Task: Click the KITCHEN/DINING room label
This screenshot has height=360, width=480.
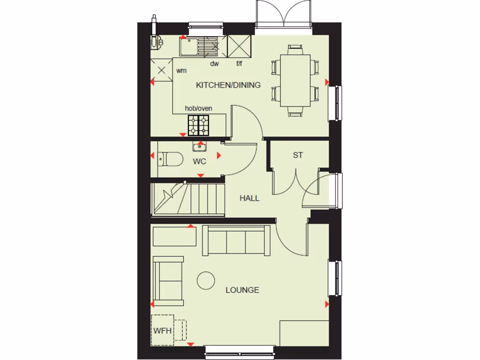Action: pos(228,85)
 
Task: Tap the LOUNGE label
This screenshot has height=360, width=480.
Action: pos(242,290)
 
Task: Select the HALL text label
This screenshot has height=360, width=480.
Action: pos(249,198)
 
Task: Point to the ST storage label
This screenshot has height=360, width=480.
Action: pos(298,155)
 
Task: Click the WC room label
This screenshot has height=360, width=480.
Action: pos(200,161)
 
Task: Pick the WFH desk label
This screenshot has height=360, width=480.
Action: pos(162,330)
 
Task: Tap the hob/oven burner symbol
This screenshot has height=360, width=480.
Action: pos(198,125)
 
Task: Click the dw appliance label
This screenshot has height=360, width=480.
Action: pos(214,63)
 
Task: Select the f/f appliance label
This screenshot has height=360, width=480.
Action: pos(239,63)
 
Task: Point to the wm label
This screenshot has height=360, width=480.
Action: pos(181,71)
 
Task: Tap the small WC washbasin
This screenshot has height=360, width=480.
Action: pos(200,147)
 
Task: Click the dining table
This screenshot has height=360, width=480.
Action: pos(295,80)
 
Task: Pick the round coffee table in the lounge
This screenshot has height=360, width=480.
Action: pos(206,280)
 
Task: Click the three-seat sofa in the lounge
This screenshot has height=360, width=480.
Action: pos(236,240)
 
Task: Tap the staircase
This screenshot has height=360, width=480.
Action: pos(187,199)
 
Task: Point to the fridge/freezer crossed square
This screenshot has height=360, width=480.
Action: pos(240,46)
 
